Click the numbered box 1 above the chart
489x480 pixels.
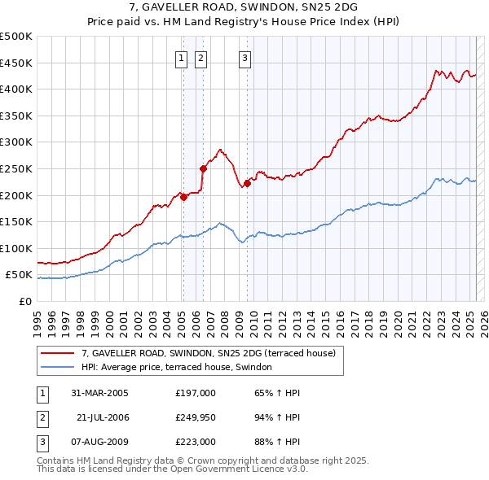coord(179,58)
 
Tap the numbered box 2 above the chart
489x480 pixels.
coord(200,58)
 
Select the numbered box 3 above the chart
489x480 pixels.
coord(244,58)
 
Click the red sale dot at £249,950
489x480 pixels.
coord(204,168)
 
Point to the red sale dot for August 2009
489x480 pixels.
coord(247,183)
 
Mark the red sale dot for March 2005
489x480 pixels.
coord(184,196)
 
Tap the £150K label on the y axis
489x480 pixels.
coord(16,221)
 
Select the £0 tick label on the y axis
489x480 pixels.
coord(25,301)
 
